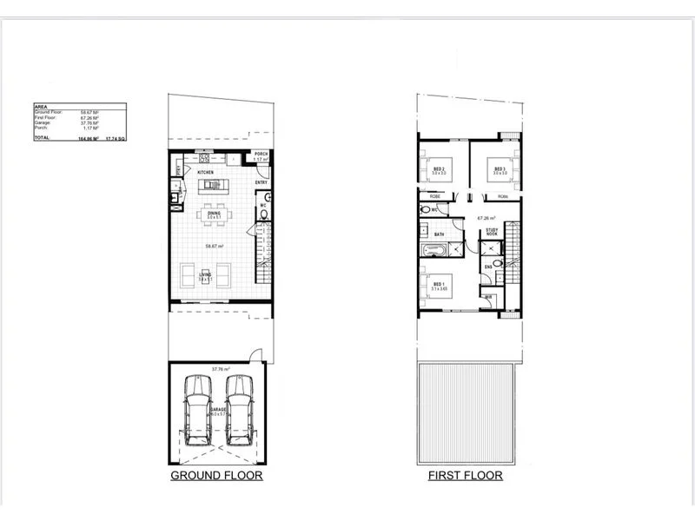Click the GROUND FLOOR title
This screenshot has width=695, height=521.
tap(216, 476)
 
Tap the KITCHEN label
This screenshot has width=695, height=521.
tap(206, 173)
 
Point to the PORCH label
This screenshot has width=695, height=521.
tap(260, 155)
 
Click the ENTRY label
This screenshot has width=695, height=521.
tap(261, 182)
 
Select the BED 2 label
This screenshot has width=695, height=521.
tap(438, 168)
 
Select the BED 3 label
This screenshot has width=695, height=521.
tap(500, 168)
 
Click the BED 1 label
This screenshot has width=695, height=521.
tap(438, 283)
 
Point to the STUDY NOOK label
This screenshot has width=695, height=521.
tap(492, 233)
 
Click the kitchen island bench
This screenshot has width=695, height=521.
tap(213, 185)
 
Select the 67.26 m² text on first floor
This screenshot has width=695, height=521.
tap(486, 218)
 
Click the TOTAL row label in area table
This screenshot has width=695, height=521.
tap(43, 137)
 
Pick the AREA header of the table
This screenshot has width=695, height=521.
tap(40, 107)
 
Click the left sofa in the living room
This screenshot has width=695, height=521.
tap(189, 276)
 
